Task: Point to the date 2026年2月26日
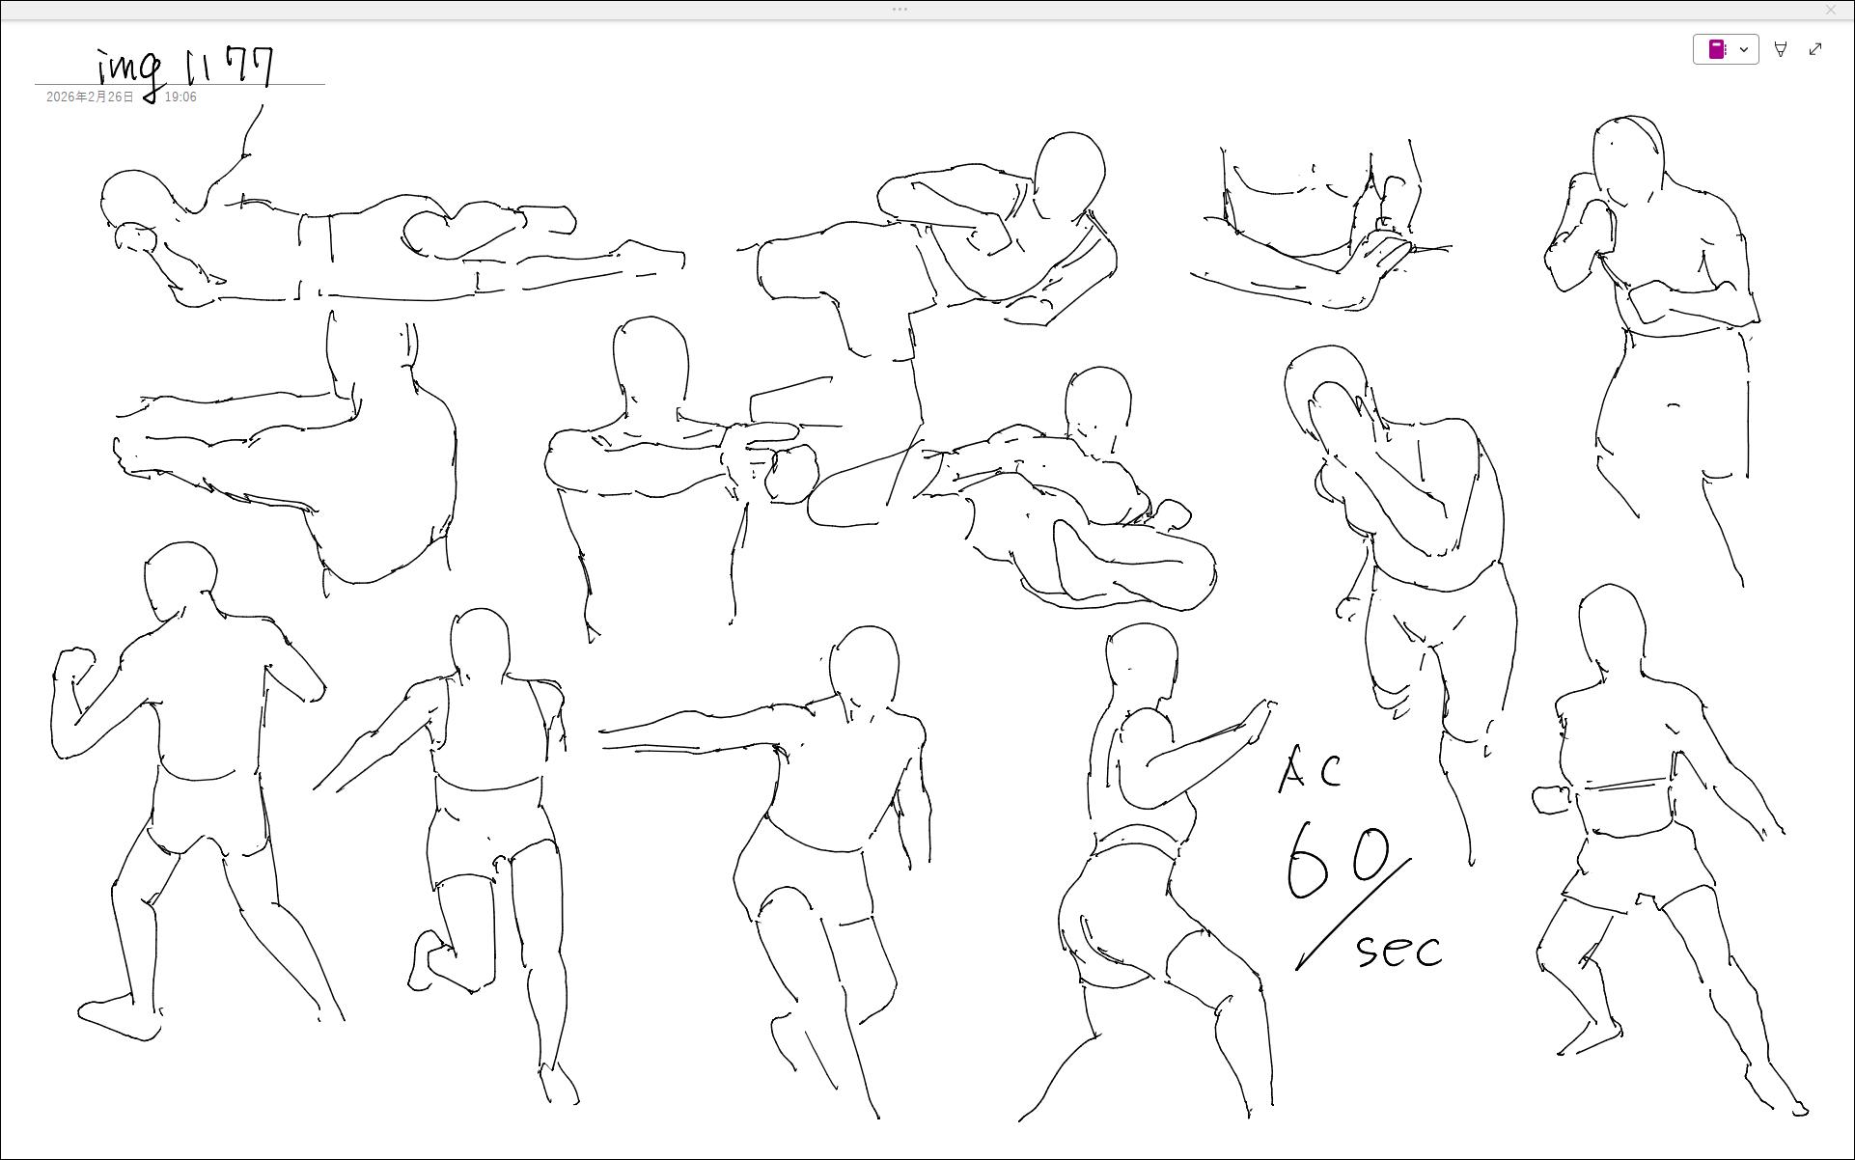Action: [x=90, y=97]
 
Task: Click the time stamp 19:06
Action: [x=180, y=97]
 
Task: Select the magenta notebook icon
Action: [x=1717, y=49]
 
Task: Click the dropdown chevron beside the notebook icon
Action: [x=1744, y=49]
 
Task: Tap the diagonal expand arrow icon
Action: [x=1815, y=49]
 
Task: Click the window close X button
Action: [x=1831, y=10]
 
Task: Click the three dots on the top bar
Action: [x=900, y=10]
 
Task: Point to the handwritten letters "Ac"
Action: [x=1310, y=770]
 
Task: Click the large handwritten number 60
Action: [x=1338, y=860]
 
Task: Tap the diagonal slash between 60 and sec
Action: [x=1353, y=914]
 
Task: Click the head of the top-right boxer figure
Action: [x=1628, y=161]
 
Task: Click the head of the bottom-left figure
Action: [x=180, y=581]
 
